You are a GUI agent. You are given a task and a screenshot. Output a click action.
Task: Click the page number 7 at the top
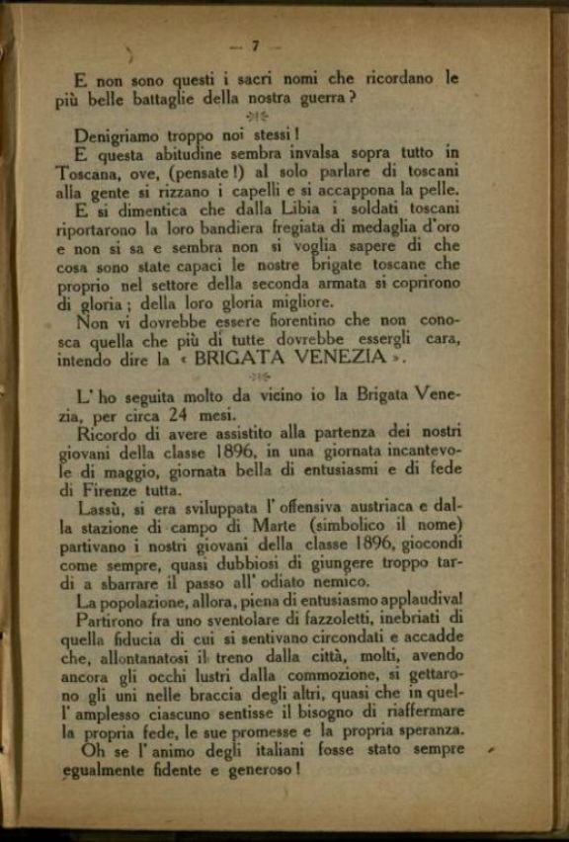pos(255,45)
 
